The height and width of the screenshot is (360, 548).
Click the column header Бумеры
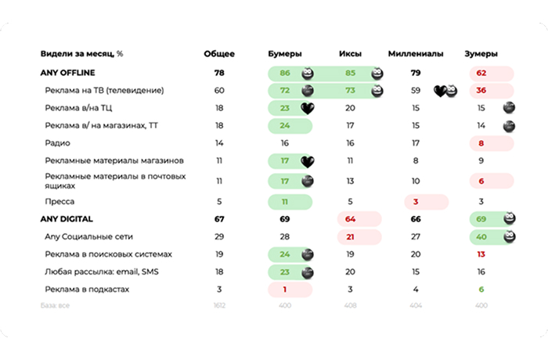pos(284,54)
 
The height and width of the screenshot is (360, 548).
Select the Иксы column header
pos(350,54)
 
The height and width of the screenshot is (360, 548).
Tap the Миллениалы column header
pos(416,54)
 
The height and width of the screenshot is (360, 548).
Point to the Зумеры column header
pos(481,54)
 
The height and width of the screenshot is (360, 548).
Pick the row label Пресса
pos(60,201)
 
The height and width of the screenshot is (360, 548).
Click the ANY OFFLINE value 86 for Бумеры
pos(285,73)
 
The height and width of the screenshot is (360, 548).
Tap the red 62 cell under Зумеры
pos(481,73)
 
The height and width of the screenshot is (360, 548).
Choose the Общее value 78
pos(219,73)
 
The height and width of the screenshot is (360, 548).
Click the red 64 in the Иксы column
pos(350,218)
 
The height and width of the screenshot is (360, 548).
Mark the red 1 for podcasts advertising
pos(285,290)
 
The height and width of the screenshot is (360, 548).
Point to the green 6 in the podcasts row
pos(481,290)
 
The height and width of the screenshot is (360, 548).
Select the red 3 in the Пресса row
pos(416,201)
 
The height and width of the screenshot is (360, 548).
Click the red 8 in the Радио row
pos(481,143)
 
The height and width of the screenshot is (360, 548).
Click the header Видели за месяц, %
pos(82,54)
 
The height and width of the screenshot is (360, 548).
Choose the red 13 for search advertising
pos(481,254)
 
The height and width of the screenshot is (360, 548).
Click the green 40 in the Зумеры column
pos(481,236)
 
